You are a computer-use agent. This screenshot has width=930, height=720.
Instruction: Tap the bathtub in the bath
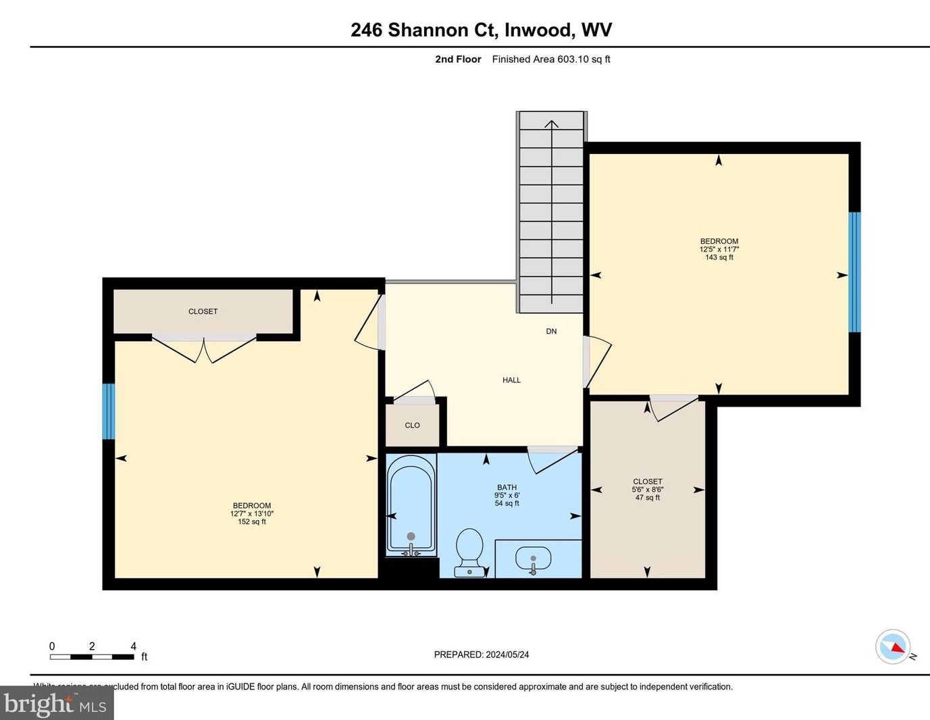(x=411, y=505)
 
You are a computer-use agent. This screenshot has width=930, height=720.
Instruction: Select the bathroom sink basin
(x=533, y=559)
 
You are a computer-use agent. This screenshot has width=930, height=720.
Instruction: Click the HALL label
(x=511, y=380)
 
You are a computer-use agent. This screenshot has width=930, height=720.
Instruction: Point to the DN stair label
(x=551, y=331)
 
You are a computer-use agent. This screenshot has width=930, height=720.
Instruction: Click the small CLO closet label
(x=412, y=426)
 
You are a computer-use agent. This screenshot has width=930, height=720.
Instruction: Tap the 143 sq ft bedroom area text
(x=719, y=257)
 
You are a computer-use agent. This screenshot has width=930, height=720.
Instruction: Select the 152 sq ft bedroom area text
(x=252, y=521)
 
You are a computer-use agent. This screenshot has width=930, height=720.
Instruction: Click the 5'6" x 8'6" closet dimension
(x=647, y=490)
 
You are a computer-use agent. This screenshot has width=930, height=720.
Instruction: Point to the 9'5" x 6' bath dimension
(x=507, y=495)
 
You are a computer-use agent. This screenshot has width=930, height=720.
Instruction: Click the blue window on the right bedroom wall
(x=854, y=272)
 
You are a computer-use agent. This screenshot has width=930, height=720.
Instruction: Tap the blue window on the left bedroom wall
(x=108, y=411)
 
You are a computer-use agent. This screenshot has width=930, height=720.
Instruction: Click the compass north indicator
(x=894, y=647)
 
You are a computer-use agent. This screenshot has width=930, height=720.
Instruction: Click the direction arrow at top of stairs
(x=552, y=125)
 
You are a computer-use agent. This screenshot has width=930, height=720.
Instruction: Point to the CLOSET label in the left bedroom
(x=203, y=311)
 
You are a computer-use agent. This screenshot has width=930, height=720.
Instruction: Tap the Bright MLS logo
(x=56, y=704)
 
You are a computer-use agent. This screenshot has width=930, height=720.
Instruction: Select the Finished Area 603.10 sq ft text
(x=550, y=59)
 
